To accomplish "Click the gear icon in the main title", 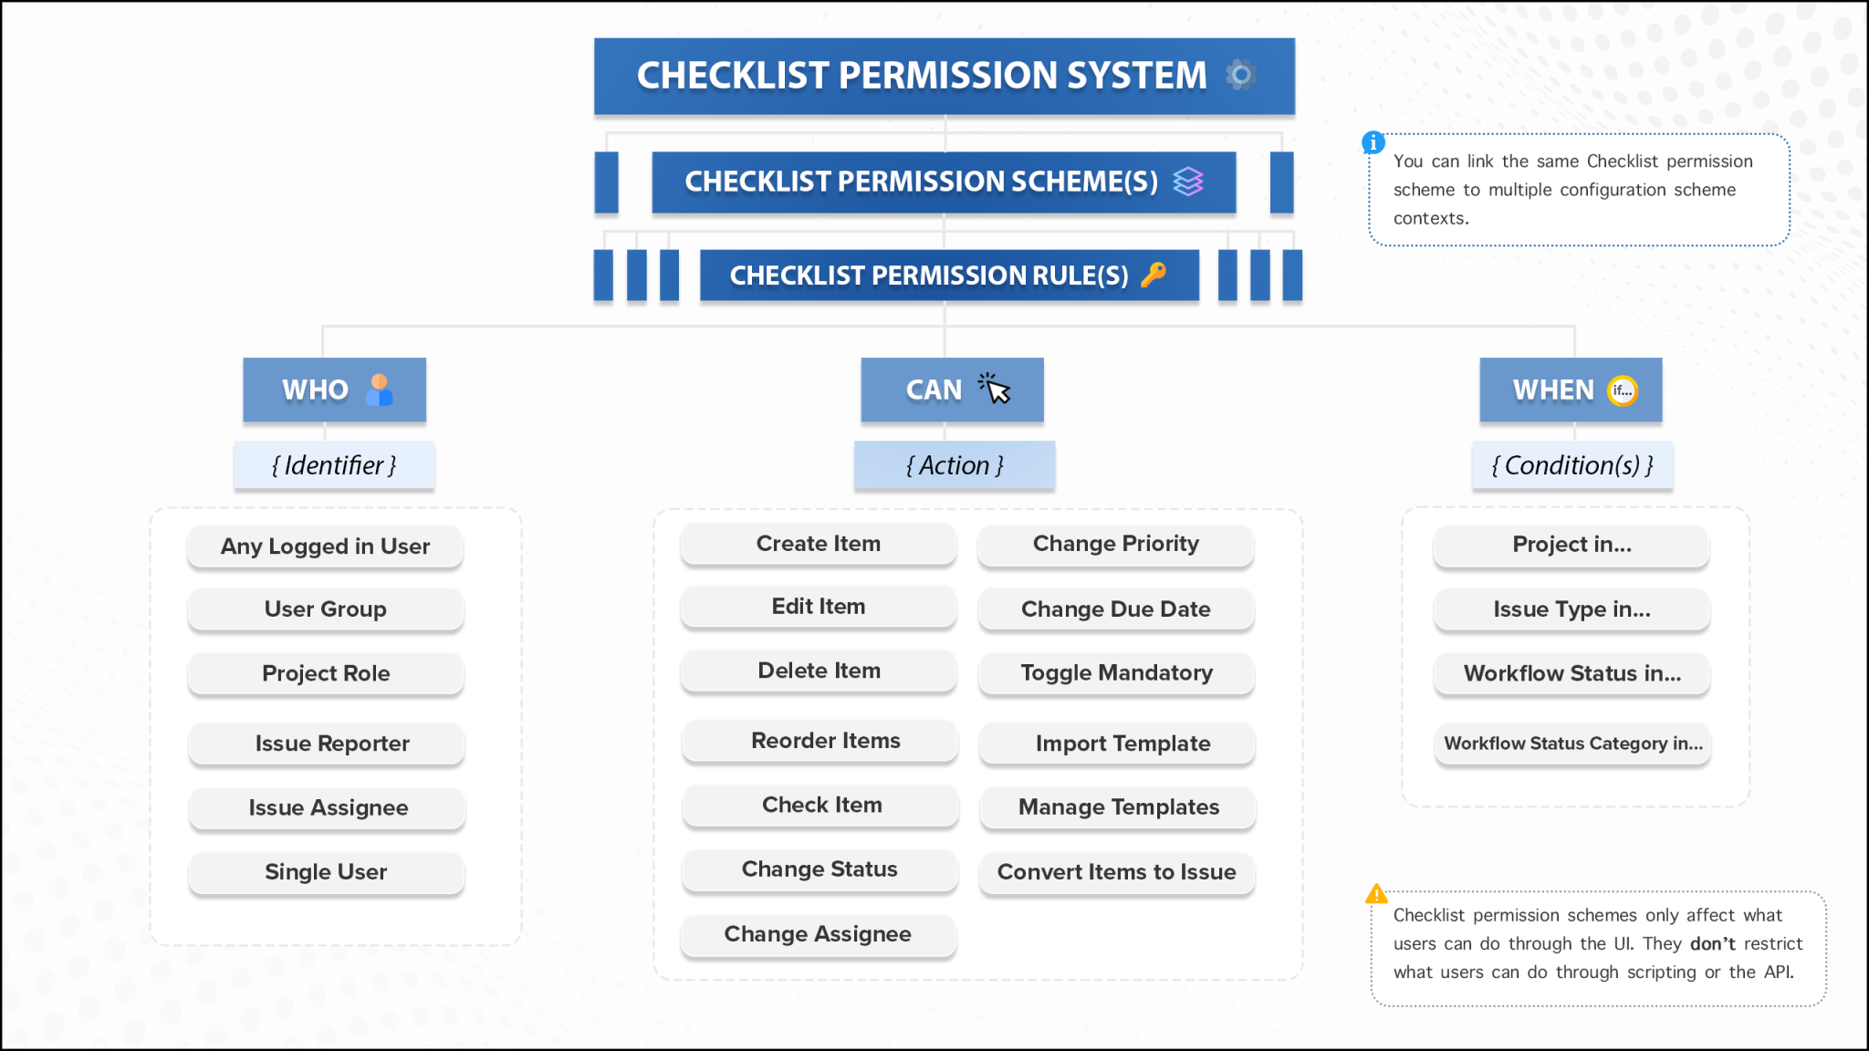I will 1240,75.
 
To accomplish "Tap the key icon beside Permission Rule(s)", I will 1154,275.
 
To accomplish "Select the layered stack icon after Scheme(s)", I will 1188,182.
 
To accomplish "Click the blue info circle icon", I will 1373,142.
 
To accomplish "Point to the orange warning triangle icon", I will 1376,894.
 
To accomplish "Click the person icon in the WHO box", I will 379,390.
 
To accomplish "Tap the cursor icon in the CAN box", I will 995,389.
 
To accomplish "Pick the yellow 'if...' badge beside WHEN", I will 1622,390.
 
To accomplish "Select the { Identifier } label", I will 334,465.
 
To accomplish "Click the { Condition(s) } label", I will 1571,465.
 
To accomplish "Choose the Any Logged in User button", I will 325,546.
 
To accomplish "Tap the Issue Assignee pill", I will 328,807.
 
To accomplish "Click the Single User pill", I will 326,871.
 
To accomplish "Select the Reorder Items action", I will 825,741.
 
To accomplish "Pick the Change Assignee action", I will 818,934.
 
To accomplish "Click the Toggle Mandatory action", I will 1116,673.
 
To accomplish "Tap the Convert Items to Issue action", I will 1116,872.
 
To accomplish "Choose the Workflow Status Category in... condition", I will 1572,744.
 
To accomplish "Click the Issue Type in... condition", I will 1571,609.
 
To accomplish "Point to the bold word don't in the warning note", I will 1712,943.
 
